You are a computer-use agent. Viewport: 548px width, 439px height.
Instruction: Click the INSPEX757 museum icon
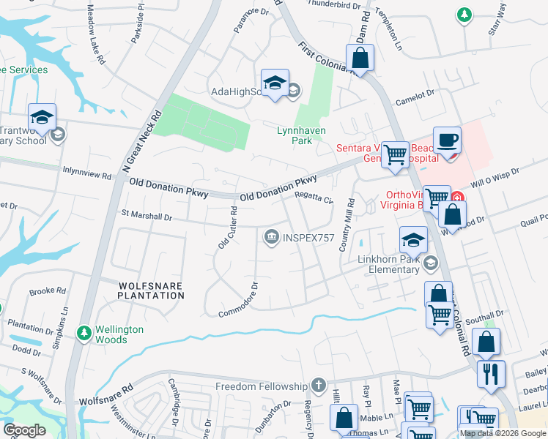272,236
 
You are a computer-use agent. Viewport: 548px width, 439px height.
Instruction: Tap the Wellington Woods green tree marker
85,334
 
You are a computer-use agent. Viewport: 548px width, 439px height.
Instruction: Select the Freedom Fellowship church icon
318,385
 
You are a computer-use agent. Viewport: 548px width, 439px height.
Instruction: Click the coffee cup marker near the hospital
446,139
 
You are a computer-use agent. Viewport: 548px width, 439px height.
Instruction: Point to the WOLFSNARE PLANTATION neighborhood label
151,289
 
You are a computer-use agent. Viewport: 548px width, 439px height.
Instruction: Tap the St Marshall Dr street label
146,217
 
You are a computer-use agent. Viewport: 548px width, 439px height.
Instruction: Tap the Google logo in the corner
24,430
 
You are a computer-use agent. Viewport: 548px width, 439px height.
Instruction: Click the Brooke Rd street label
48,291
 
